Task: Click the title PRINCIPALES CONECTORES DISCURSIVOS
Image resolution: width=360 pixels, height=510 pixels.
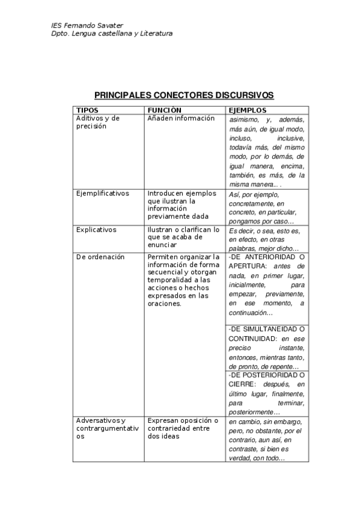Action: (x=184, y=96)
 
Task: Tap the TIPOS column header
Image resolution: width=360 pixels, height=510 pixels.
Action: (x=88, y=111)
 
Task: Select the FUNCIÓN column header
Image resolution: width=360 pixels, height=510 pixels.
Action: (x=164, y=111)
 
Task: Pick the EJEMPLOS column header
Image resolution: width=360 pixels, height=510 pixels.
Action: (x=247, y=111)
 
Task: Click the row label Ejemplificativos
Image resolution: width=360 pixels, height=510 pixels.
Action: (x=103, y=194)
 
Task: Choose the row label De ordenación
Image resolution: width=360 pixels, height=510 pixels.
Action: (x=100, y=257)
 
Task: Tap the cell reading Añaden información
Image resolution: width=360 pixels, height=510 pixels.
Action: (x=181, y=118)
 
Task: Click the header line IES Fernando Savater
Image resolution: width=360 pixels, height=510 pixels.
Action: (x=87, y=26)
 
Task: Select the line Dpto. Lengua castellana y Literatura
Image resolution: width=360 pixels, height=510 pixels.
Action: (x=112, y=34)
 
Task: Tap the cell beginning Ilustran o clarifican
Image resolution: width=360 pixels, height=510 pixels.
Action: (x=183, y=237)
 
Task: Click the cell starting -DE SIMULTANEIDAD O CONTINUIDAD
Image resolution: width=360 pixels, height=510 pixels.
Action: (x=267, y=348)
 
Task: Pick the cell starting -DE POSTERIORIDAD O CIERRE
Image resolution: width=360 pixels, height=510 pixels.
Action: (x=267, y=393)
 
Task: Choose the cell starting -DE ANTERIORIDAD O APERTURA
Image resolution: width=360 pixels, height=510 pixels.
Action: (x=267, y=284)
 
